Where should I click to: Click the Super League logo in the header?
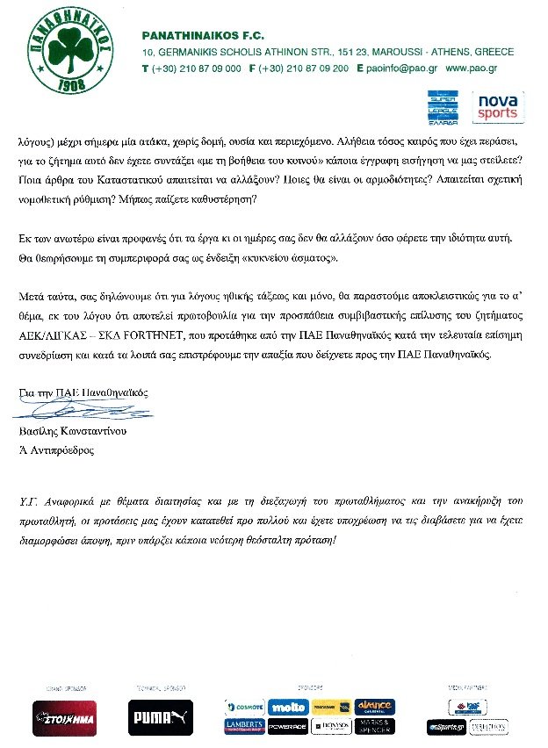pyautogui.click(x=445, y=107)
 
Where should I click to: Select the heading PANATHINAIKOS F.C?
pyautogui.click(x=198, y=35)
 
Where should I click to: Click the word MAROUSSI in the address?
pyautogui.click(x=373, y=53)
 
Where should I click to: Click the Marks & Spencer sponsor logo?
pyautogui.click(x=374, y=726)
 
